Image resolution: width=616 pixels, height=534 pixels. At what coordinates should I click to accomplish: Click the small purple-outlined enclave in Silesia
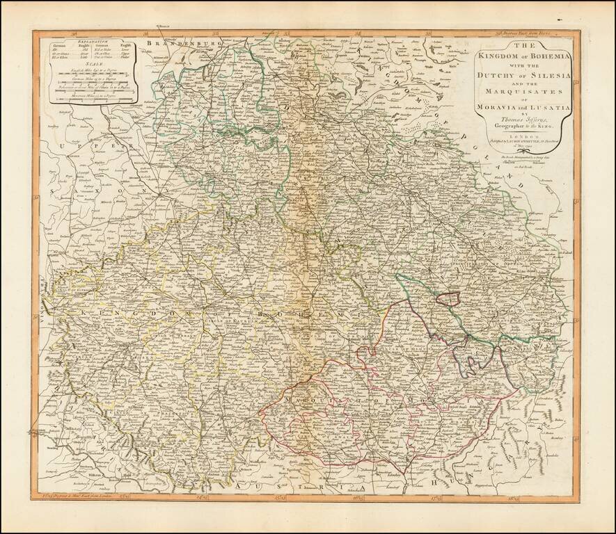point(448,298)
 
